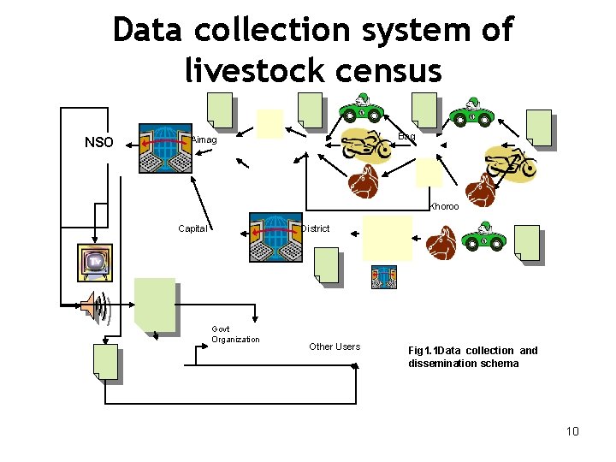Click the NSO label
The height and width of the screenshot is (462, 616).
pyautogui.click(x=99, y=142)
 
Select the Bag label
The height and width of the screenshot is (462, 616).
pyautogui.click(x=407, y=137)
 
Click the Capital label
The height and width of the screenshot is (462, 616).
pyautogui.click(x=192, y=228)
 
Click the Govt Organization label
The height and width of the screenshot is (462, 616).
pyautogui.click(x=235, y=335)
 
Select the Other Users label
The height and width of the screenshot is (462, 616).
pyautogui.click(x=335, y=346)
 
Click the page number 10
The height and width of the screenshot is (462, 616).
pyautogui.click(x=572, y=430)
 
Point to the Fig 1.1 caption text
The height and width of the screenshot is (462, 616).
pyautogui.click(x=472, y=356)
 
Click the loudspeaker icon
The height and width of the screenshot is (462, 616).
pyautogui.click(x=97, y=308)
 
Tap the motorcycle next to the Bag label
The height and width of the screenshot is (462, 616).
pyautogui.click(x=368, y=147)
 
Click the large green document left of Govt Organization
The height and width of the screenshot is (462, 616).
pyautogui.click(x=155, y=305)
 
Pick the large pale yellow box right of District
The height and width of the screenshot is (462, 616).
pyautogui.click(x=387, y=237)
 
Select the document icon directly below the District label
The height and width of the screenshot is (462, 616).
pyautogui.click(x=326, y=264)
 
